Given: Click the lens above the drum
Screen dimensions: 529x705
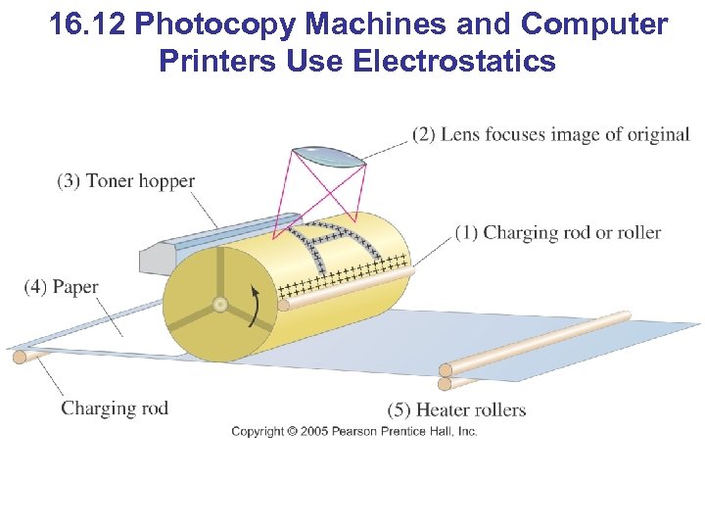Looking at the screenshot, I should click(329, 156).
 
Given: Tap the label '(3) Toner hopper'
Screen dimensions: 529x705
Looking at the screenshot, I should click(125, 180).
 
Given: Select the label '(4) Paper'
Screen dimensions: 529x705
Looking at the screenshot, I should click(61, 287).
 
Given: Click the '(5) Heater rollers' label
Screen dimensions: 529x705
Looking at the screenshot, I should click(456, 409).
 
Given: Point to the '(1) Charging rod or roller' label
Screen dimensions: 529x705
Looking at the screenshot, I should click(557, 232).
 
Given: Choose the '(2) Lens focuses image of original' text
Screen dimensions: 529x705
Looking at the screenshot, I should click(550, 134).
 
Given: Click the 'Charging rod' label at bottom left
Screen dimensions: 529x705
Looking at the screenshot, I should click(115, 408).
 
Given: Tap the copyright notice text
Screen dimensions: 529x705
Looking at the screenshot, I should click(353, 431).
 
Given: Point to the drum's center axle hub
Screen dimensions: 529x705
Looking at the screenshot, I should click(220, 305).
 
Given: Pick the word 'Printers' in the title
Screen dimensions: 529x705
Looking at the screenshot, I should click(217, 62).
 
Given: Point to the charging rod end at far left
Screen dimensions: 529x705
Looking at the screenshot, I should click(19, 357).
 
